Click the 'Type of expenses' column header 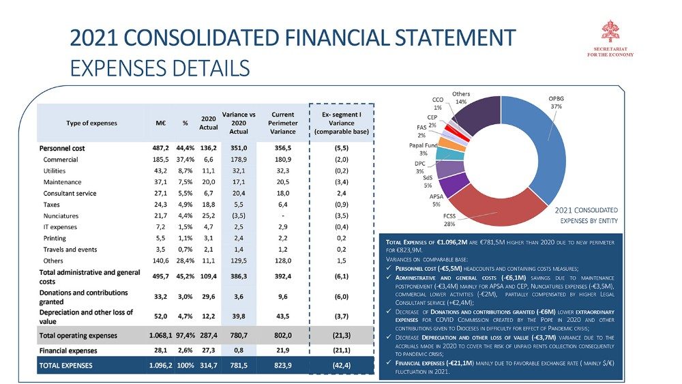92,123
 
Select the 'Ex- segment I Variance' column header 341,122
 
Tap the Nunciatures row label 62,216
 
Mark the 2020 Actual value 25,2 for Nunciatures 208,216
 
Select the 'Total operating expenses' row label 78,336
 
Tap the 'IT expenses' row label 62,226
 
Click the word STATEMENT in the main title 436,38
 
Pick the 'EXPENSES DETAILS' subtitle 160,68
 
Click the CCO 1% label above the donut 438,103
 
